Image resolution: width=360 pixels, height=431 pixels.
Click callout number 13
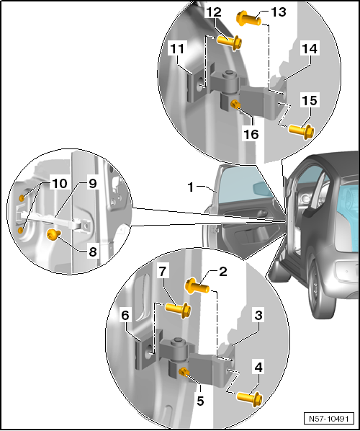tap(279, 12)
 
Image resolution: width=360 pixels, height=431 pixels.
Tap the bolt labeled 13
tap(248, 19)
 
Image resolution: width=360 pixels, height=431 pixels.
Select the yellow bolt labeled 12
tap(230, 42)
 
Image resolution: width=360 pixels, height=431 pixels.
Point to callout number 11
tap(177, 49)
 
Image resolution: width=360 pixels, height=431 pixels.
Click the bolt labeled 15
tap(301, 130)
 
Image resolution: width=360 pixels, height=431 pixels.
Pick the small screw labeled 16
tap(235, 105)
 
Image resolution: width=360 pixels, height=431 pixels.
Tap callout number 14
tap(310, 49)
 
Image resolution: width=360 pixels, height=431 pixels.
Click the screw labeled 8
tap(53, 234)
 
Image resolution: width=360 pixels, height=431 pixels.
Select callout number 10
tap(59, 183)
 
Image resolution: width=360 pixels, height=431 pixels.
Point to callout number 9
tap(93, 183)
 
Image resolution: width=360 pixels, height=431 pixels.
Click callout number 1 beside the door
tap(191, 187)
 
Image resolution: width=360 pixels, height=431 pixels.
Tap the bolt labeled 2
tap(197, 286)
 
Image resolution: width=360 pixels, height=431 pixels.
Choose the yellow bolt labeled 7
tap(178, 310)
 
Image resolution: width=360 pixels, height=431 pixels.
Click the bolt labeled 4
tap(249, 399)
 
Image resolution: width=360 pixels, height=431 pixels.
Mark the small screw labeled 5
tap(184, 373)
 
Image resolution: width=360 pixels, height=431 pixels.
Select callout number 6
tap(125, 315)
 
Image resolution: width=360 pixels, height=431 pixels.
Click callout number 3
tap(258, 315)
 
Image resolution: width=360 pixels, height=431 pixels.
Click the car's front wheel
tap(320, 290)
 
